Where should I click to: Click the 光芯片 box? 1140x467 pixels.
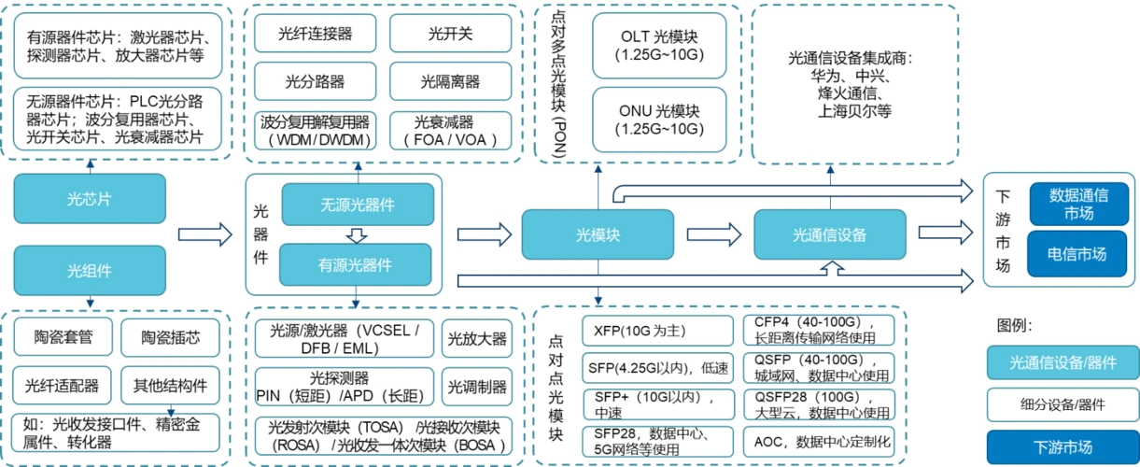pyautogui.click(x=89, y=198)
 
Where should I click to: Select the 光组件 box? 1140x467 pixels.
pyautogui.click(x=89, y=271)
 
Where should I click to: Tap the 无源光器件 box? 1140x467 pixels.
pyautogui.click(x=358, y=205)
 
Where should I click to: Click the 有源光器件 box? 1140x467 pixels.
pyautogui.click(x=356, y=264)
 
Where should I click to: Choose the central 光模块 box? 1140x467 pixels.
pyautogui.click(x=598, y=234)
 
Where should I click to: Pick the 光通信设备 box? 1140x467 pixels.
pyautogui.click(x=829, y=234)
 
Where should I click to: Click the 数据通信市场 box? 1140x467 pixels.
pyautogui.click(x=1078, y=204)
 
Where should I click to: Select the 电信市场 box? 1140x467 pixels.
pyautogui.click(x=1078, y=254)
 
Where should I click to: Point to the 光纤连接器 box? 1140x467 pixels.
pyautogui.click(x=315, y=34)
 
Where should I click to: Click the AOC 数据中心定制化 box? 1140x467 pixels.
pyautogui.click(x=818, y=441)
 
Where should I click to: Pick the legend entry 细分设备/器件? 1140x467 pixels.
pyautogui.click(x=1063, y=404)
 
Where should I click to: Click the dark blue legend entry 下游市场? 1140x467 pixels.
pyautogui.click(x=1063, y=446)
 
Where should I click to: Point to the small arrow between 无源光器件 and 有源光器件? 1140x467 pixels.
pyautogui.click(x=357, y=234)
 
